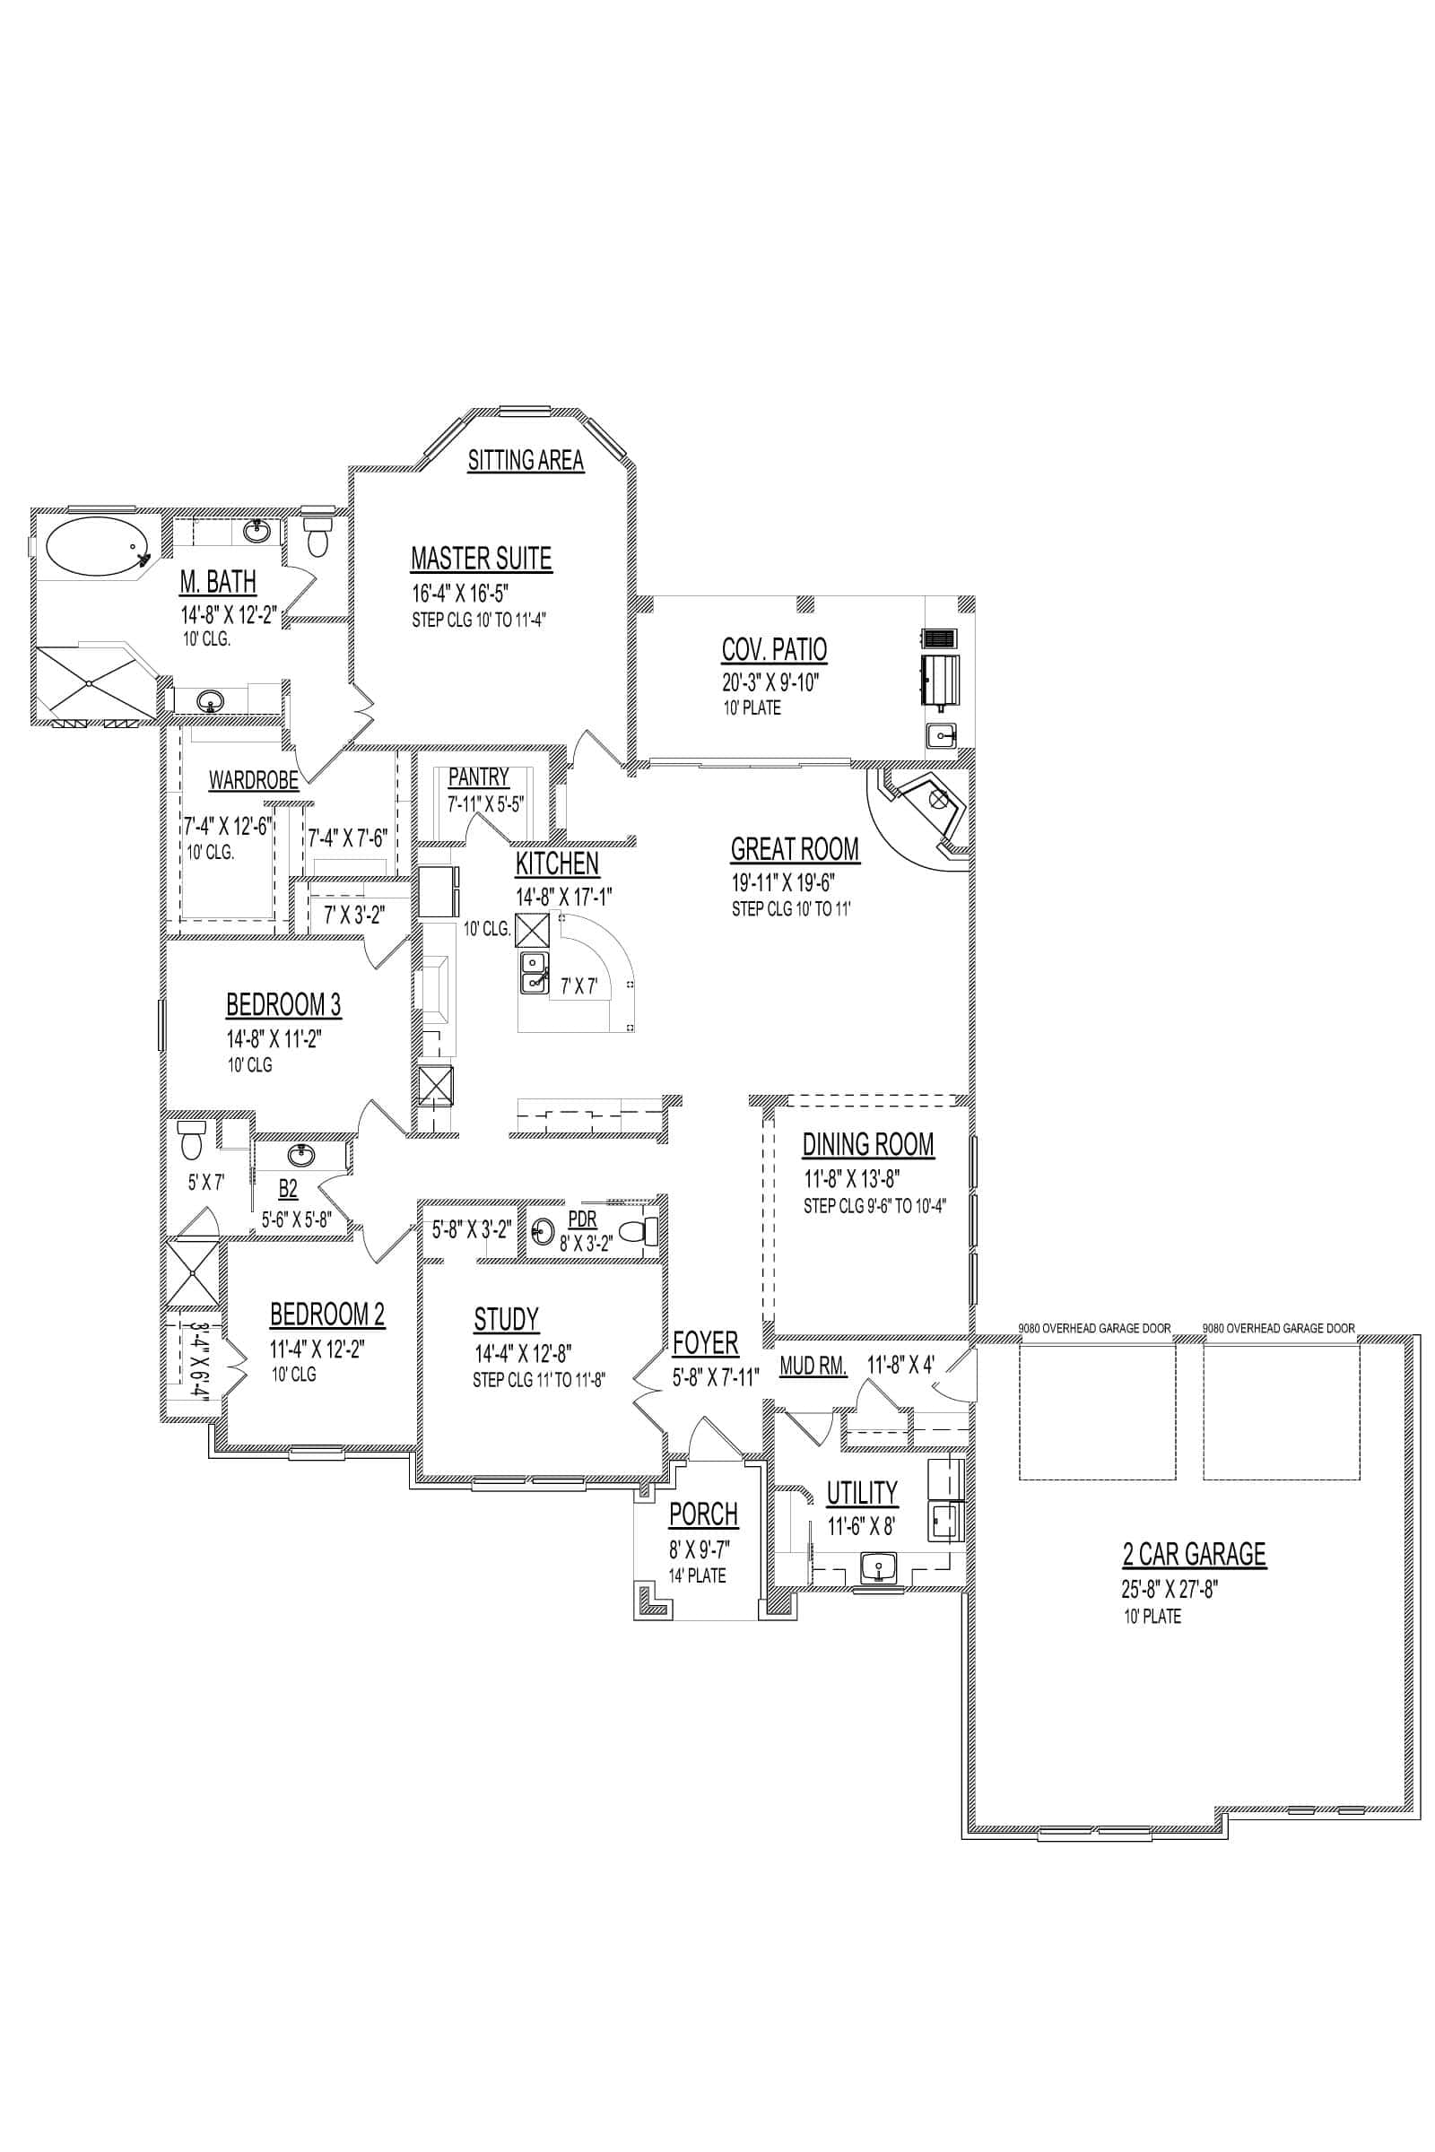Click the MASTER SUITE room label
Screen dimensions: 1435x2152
point(482,558)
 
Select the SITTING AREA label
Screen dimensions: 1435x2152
point(526,460)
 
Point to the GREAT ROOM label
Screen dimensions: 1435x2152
point(795,849)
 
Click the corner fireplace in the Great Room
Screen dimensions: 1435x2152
point(921,813)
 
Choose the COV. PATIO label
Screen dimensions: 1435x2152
point(774,649)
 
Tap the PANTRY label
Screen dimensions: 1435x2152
point(479,777)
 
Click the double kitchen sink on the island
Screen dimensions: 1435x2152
point(535,973)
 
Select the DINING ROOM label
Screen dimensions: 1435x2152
point(868,1145)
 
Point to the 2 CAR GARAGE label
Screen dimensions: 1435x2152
point(1195,1555)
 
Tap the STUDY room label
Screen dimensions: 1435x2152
point(506,1319)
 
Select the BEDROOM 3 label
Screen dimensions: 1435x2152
point(283,1004)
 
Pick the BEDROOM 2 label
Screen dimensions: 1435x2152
point(327,1315)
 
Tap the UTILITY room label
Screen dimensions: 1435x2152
point(862,1493)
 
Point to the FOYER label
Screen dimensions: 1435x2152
point(706,1343)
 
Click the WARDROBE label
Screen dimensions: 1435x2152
point(254,780)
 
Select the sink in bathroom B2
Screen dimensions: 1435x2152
point(300,1153)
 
